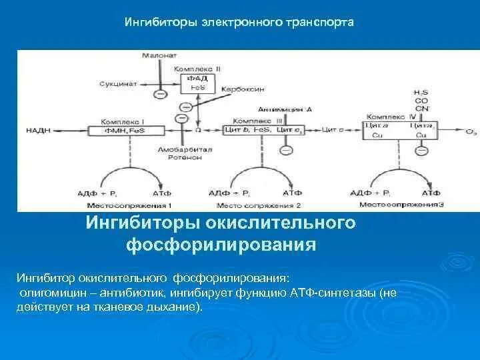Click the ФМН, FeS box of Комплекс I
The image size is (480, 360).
point(123,129)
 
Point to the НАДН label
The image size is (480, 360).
point(37,129)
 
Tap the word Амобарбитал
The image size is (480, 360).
point(185,150)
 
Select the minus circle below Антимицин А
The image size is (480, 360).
point(285,151)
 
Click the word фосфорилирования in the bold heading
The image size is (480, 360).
point(221,244)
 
